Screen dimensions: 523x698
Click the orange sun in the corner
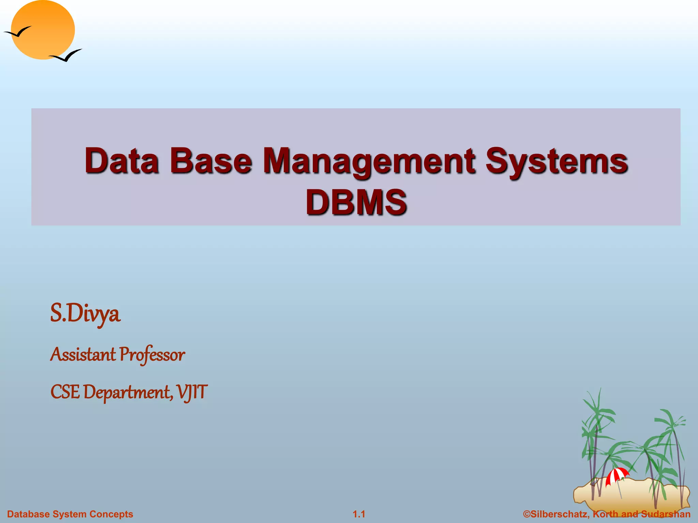[x=43, y=30]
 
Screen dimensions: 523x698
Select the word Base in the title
[x=211, y=161]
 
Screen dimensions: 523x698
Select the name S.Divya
[x=85, y=314]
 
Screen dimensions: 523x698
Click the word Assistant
[x=83, y=354]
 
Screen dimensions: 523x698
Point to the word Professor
[x=152, y=355]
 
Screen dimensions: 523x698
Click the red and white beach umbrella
[x=617, y=475]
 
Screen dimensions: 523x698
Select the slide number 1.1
[x=359, y=514]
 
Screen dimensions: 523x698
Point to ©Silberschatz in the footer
[x=556, y=514]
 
